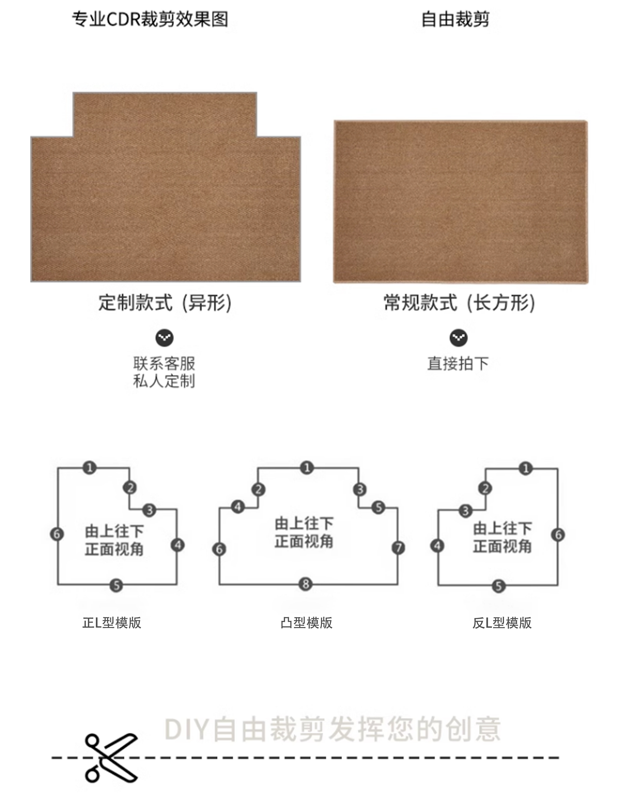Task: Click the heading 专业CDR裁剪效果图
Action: point(150,19)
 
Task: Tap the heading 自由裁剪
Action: point(455,19)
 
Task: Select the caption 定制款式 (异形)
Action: point(165,303)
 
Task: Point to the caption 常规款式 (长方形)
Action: point(459,303)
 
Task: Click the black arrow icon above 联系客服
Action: point(164,338)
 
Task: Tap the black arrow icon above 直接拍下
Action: point(458,338)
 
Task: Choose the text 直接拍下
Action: point(458,363)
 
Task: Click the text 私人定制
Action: point(164,381)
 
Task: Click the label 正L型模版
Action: point(112,623)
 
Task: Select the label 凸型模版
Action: point(307,623)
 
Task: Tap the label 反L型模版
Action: point(502,623)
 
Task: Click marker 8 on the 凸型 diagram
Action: point(305,584)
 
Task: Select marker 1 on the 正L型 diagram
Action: point(89,468)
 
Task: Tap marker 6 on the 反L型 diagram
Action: point(558,535)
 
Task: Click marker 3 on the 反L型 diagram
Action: point(465,511)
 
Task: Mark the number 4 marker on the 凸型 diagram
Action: point(238,507)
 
